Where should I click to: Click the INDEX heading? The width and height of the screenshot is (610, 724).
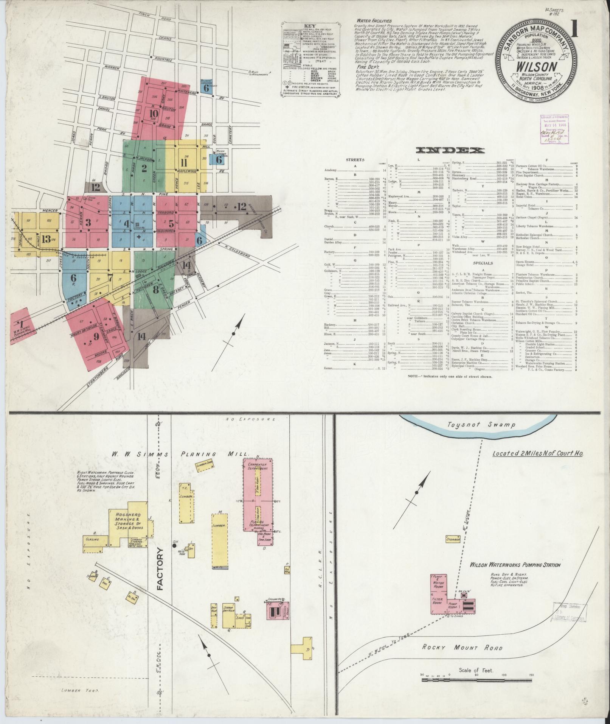point(450,151)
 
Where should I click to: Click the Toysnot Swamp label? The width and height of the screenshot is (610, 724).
point(481,425)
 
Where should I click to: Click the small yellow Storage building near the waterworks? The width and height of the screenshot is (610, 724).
point(453,539)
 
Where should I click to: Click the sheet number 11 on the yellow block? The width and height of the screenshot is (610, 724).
point(184,163)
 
